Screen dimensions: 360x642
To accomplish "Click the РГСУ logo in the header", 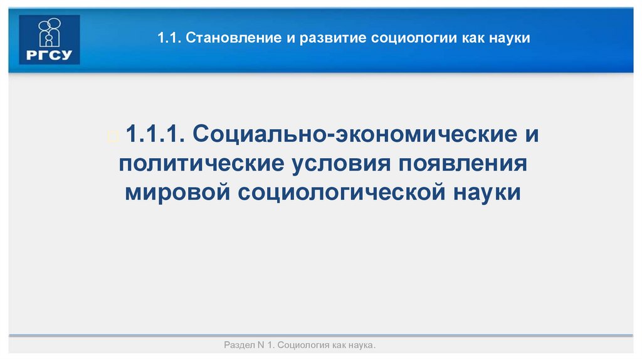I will pyautogui.click(x=50, y=39).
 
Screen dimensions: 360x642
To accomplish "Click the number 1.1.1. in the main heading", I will pyautogui.click(x=154, y=134).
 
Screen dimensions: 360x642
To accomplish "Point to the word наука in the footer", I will pyautogui.click(x=362, y=346).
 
